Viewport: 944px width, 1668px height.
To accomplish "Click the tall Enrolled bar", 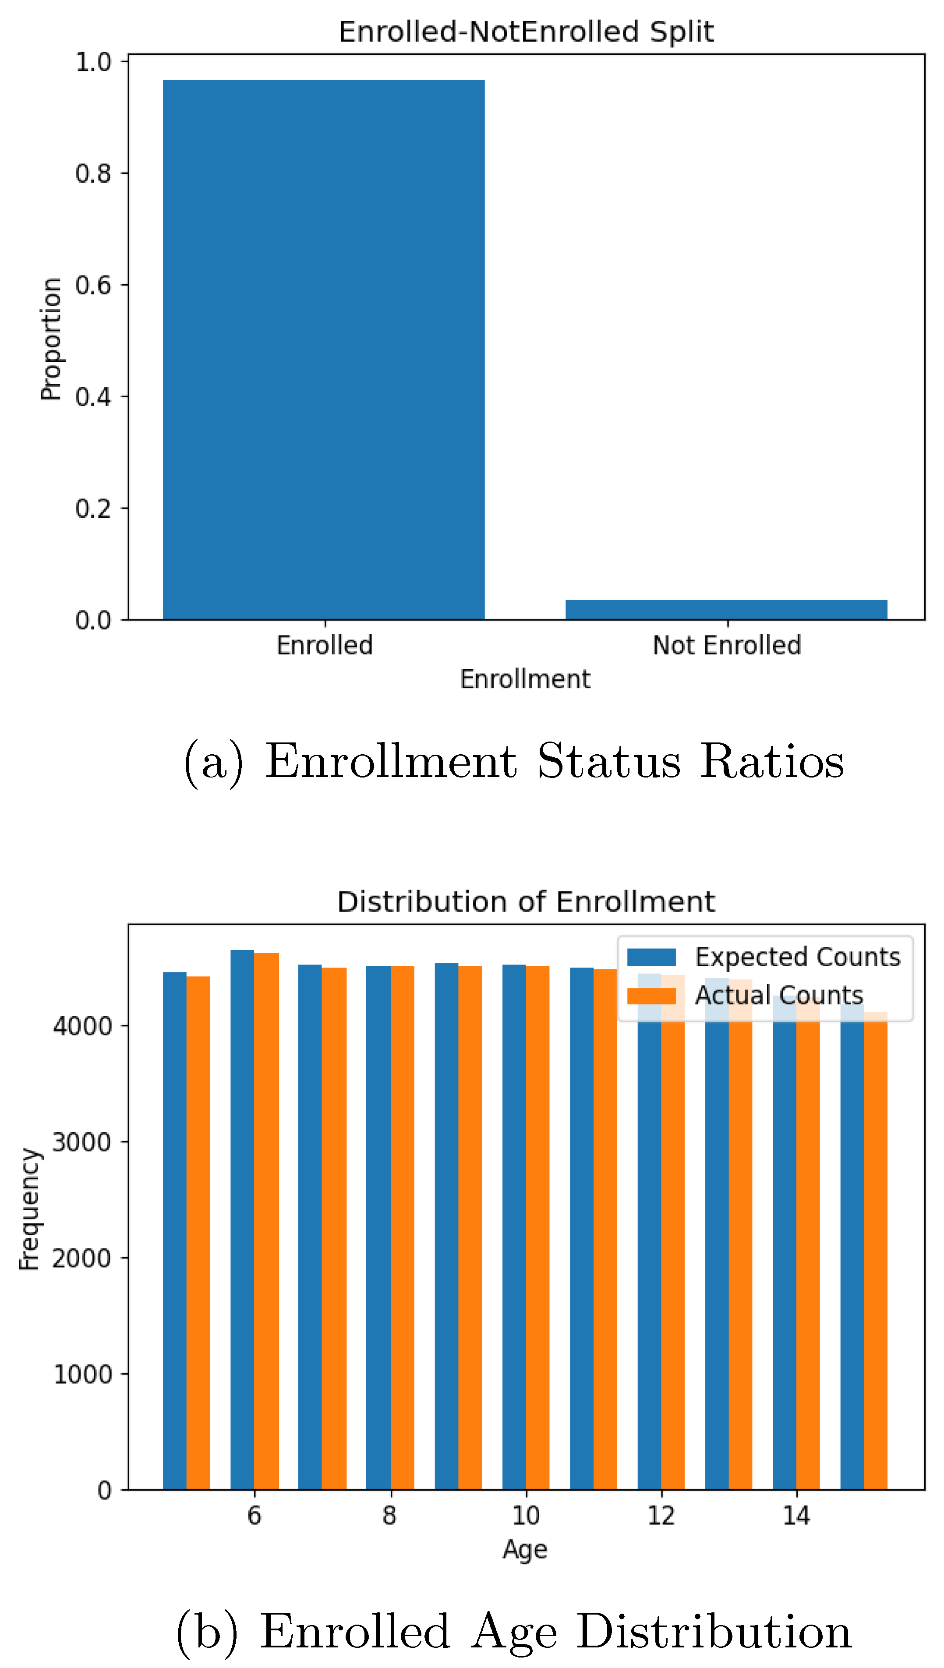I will point(324,350).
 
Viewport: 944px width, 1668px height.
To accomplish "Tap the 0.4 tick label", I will point(93,397).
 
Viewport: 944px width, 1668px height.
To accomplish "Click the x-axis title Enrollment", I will point(525,679).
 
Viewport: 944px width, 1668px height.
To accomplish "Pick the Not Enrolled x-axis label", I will point(727,645).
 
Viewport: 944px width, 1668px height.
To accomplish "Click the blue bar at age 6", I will point(243,1232).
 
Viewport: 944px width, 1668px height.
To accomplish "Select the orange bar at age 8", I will point(402,1232).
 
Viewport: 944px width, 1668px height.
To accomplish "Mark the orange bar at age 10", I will point(537,1232).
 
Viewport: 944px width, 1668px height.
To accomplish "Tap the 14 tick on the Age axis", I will point(796,1516).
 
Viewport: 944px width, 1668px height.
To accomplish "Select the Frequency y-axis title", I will point(29,1209).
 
